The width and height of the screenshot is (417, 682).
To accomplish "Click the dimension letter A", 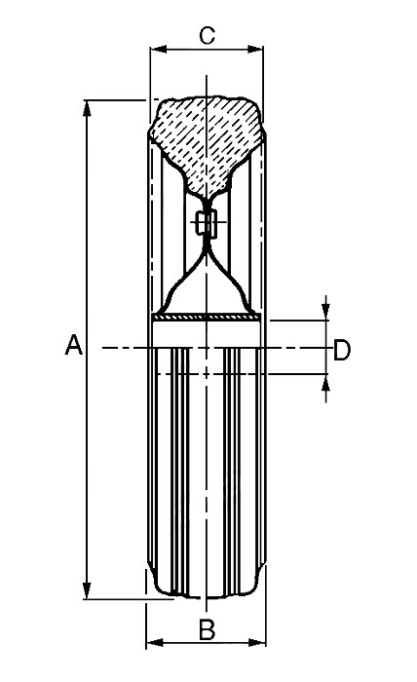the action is coord(73,345).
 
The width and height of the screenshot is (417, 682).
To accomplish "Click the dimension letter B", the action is coord(207,629).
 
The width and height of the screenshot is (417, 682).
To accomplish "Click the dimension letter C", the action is coord(207,36).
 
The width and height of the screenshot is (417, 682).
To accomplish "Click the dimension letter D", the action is coord(342,350).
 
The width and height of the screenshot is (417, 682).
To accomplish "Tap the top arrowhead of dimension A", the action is coord(87,108).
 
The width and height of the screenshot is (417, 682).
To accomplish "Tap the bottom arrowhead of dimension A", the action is coord(87,590).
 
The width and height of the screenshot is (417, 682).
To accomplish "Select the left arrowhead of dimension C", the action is coord(159,49).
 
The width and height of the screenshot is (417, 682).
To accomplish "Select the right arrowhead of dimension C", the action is coord(255,49).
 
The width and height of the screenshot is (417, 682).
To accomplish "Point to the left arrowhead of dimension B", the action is coord(154,642).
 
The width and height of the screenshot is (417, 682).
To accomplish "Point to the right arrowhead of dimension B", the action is coord(257,642).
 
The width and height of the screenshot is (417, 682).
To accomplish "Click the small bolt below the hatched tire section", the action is coord(207,223).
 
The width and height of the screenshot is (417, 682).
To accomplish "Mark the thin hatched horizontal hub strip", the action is coord(208,318).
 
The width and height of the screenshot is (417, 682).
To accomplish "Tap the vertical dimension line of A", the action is coord(87,350).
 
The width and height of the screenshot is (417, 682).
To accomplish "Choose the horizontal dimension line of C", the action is coord(207,49).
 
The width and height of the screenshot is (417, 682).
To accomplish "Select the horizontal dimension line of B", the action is coord(207,642).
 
